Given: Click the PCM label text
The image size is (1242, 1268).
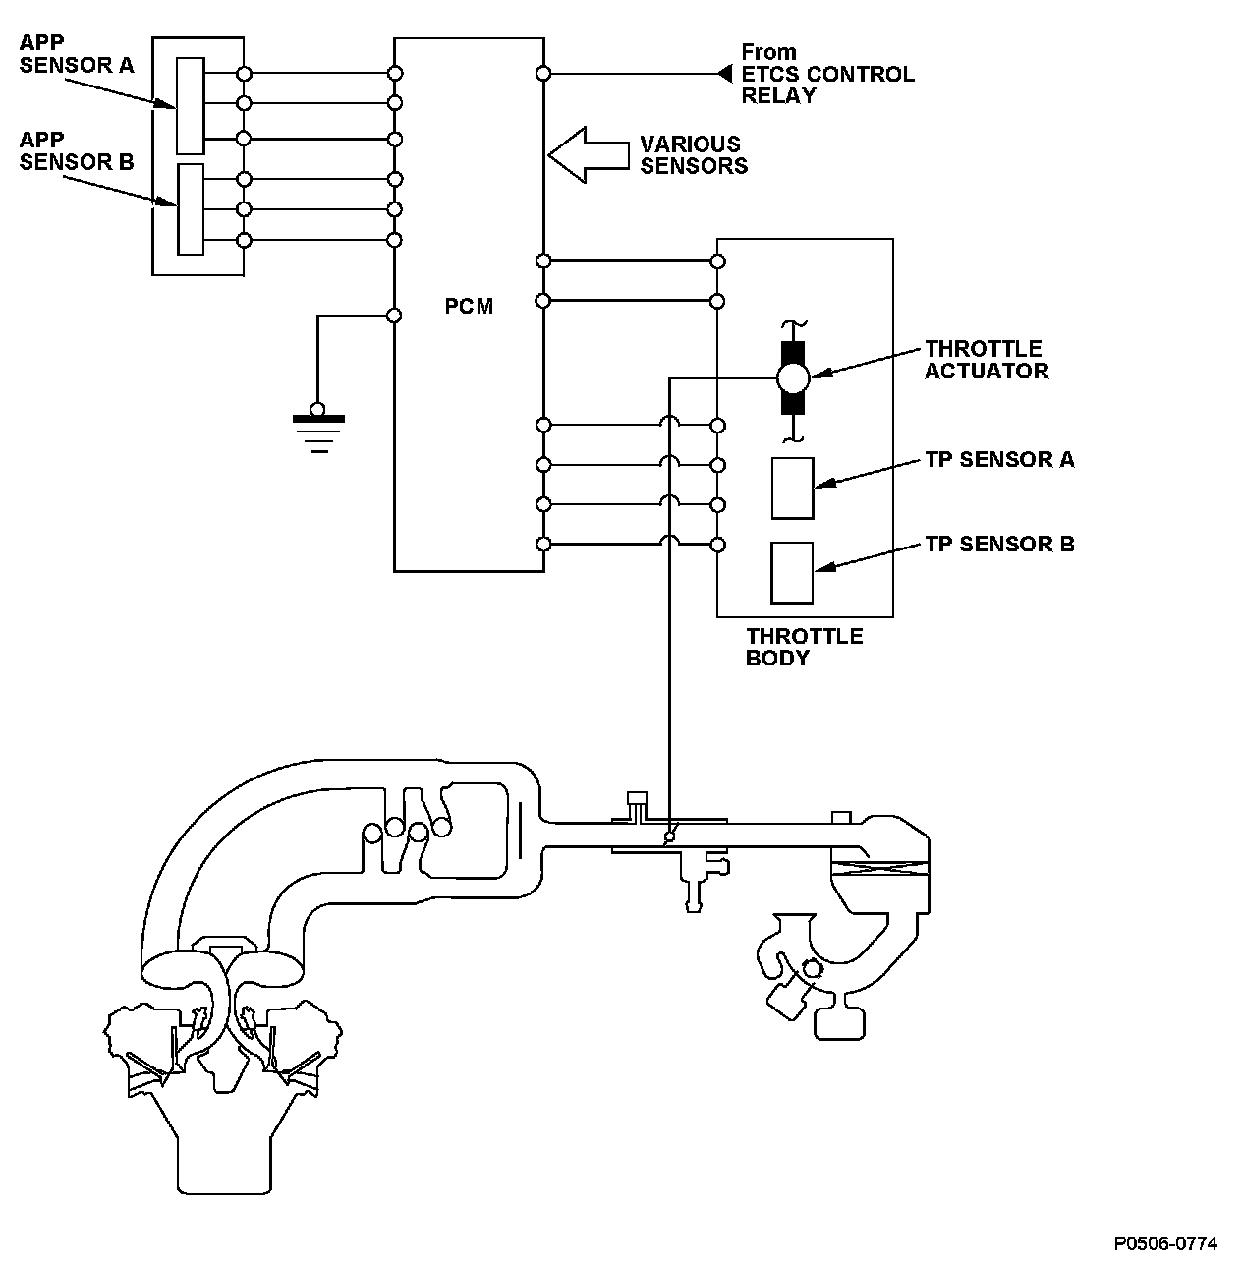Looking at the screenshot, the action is pos(469,306).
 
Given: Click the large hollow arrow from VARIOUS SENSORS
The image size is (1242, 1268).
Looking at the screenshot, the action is pos(589,154).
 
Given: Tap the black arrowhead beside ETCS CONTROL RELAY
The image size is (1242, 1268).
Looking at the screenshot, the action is pos(724,74).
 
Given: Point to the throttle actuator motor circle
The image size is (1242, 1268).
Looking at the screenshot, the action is pos(793,378).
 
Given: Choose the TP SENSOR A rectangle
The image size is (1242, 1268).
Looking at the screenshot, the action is pos(793,489).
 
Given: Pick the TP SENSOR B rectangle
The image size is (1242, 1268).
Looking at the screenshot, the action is pos(792,572).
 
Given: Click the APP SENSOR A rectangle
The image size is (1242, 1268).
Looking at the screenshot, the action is pos(191,106).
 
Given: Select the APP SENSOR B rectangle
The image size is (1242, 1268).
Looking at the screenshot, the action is pos(191,209).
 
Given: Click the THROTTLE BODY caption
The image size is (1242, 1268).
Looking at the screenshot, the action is pos(804,647).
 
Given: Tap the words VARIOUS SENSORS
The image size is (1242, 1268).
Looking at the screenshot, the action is pos(694,154).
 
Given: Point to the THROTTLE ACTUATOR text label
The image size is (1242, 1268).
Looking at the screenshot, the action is pos(987,360).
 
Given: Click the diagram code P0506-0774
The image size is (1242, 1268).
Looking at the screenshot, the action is pos(1165,1243).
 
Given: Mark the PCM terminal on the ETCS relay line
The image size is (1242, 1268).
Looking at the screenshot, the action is pos(543,74).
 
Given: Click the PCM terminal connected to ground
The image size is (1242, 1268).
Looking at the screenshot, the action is pos(394,316).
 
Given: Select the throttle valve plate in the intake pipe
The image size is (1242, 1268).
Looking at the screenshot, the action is pos(670,836).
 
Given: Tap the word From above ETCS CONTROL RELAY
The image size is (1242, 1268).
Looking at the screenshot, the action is pos(768,52).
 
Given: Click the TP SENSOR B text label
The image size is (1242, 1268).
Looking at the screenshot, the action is pos(1000,545).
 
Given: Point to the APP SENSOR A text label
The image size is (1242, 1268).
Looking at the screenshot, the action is pos(77,54).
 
